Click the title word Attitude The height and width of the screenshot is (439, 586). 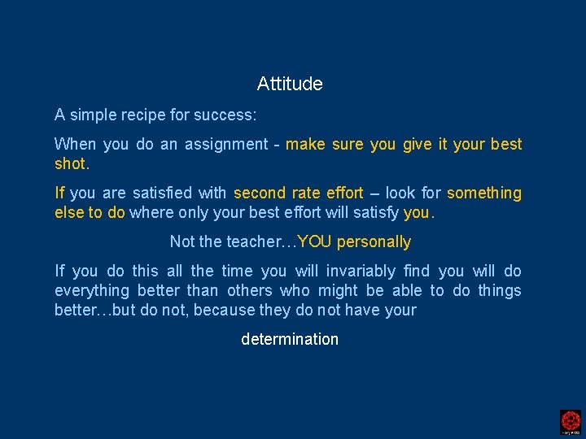pos(290,84)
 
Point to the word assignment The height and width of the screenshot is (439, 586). pos(226,145)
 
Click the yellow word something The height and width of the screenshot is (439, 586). pos(484,193)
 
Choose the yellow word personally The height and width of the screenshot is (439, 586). pos(374,242)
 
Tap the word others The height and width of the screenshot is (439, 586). pos(249,291)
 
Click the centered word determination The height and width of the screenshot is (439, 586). pos(290,340)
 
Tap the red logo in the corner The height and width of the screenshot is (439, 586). pos(571,421)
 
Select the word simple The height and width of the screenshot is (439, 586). pos(91,115)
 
